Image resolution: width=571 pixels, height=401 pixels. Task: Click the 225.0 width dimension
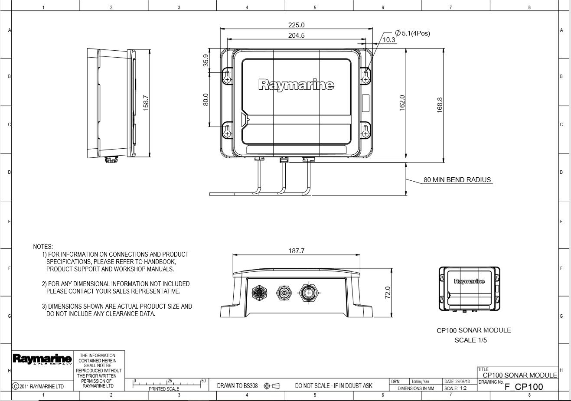pos(296,25)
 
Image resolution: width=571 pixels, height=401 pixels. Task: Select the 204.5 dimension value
pos(296,36)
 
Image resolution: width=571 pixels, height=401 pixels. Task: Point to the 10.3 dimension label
pos(389,40)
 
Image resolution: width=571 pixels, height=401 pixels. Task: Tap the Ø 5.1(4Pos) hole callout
pos(412,33)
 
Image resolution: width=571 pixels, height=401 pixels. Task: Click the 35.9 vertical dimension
pos(206,60)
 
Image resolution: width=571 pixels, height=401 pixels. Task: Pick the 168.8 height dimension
pos(440,105)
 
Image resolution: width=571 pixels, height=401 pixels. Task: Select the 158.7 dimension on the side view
pos(146,103)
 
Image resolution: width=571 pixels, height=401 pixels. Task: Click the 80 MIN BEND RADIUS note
pos(457,180)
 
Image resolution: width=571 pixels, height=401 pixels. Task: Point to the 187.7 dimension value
pos(296,251)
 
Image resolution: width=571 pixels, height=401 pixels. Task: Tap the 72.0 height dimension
pos(388,292)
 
